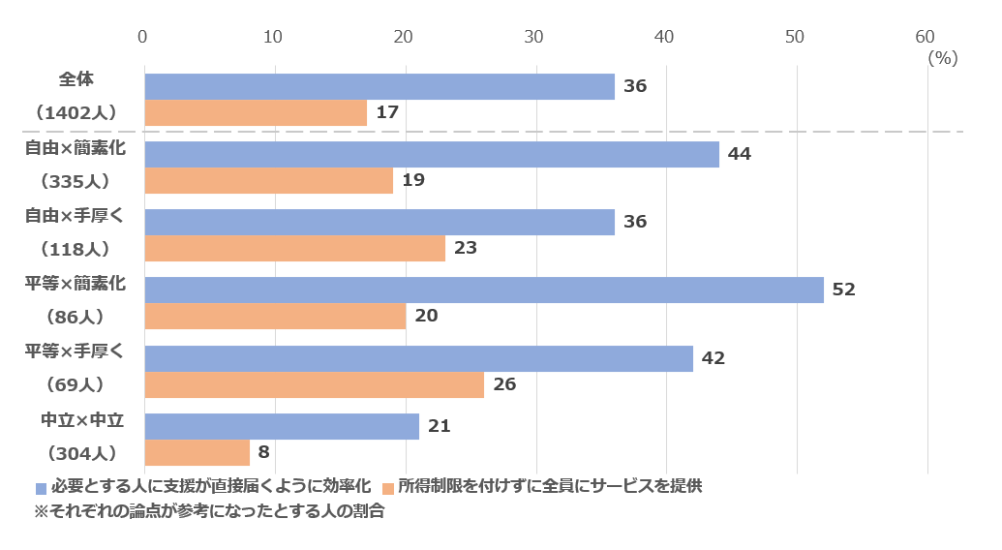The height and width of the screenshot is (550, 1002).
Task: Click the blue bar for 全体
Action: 380,86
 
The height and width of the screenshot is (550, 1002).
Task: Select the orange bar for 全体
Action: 256,112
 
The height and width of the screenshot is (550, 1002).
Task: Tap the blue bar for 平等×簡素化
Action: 484,290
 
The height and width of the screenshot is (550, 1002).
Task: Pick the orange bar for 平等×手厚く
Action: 314,384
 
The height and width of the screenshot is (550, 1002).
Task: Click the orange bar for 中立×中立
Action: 197,452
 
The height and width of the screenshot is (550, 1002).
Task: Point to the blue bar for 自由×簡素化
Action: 432,154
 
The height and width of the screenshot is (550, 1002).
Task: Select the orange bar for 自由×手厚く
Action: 294,248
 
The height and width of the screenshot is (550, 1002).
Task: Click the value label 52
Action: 844,290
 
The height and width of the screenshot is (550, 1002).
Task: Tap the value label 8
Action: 264,452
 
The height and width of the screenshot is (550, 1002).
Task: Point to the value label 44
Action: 740,154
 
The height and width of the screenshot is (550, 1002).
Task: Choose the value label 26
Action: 504,384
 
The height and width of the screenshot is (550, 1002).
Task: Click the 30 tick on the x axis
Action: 533,37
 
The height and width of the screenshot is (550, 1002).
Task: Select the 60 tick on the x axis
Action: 925,37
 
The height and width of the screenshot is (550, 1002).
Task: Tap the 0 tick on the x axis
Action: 143,37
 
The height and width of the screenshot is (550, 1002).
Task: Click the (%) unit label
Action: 942,58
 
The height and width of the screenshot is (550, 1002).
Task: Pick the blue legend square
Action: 41,488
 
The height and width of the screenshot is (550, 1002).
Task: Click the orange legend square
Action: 387,488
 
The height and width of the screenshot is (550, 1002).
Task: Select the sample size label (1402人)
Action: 76,113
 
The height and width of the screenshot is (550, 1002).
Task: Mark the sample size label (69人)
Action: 76,384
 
